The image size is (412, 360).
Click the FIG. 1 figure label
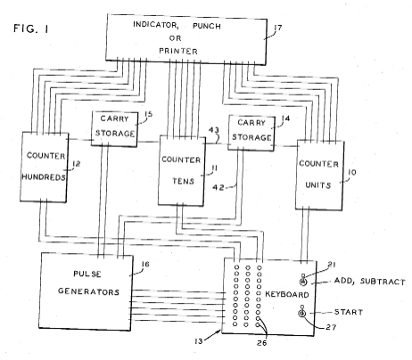(x=31, y=29)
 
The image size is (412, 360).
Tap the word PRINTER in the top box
(x=178, y=51)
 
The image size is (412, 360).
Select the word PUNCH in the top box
(x=207, y=26)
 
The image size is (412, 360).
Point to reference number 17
(x=278, y=28)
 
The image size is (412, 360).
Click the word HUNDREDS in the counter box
(x=44, y=177)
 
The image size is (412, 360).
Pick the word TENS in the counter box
(x=183, y=181)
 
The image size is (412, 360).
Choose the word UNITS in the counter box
(x=318, y=185)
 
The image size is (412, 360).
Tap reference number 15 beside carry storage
(x=148, y=114)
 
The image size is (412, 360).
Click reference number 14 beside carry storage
(x=285, y=119)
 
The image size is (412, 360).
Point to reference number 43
(x=214, y=130)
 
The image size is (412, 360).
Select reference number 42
(x=218, y=188)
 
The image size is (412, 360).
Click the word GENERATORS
(x=88, y=291)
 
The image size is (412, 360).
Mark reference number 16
(x=145, y=264)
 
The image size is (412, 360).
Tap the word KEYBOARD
(x=287, y=294)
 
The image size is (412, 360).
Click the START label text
(x=349, y=312)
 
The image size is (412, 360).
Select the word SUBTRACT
(x=383, y=282)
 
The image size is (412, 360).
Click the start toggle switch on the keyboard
(x=302, y=312)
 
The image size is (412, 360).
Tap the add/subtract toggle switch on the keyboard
(x=303, y=281)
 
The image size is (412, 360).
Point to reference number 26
(x=261, y=343)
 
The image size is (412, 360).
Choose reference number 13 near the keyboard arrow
(x=198, y=341)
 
